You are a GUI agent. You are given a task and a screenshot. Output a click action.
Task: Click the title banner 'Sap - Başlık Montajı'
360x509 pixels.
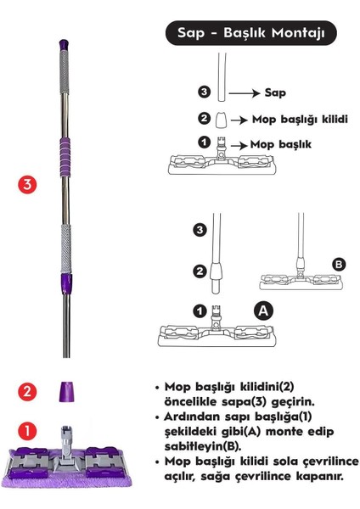pos(250,33)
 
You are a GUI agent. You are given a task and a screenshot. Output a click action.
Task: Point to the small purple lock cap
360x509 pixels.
pos(67,392)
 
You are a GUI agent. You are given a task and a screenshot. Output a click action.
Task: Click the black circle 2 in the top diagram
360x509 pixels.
pos(203,119)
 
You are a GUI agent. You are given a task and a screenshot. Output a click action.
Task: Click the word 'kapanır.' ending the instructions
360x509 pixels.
pos(315,477)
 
